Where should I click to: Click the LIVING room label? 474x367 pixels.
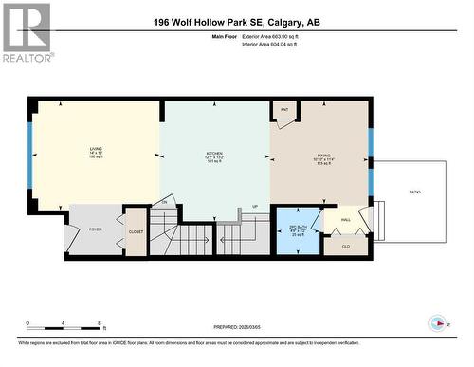tap(96, 150)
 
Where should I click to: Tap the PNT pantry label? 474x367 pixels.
tap(284, 110)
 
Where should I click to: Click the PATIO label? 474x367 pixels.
tap(414, 193)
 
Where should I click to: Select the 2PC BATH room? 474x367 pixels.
tap(298, 229)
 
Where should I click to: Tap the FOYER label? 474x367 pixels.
tap(95, 228)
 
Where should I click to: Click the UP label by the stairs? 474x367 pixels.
tap(255, 206)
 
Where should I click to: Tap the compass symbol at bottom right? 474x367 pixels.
tap(437, 322)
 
